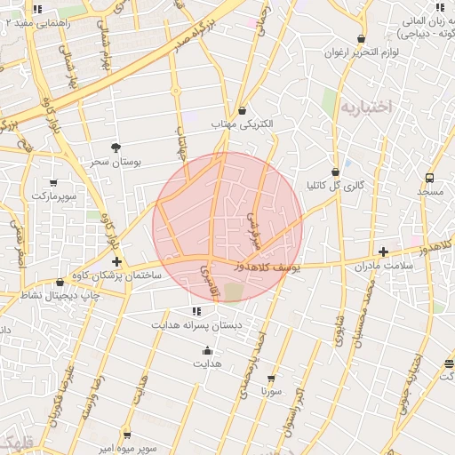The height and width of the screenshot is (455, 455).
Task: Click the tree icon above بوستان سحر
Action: click(x=116, y=148)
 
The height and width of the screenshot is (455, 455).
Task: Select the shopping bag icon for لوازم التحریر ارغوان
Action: click(x=361, y=38)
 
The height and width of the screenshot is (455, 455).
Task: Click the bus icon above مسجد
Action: click(x=430, y=178)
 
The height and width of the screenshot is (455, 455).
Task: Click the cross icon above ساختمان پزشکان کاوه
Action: click(x=116, y=261)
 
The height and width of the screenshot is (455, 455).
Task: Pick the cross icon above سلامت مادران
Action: click(x=383, y=251)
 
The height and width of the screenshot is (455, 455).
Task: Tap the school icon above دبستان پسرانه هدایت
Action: click(x=196, y=311)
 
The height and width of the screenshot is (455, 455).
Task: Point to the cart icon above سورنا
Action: click(x=272, y=378)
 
